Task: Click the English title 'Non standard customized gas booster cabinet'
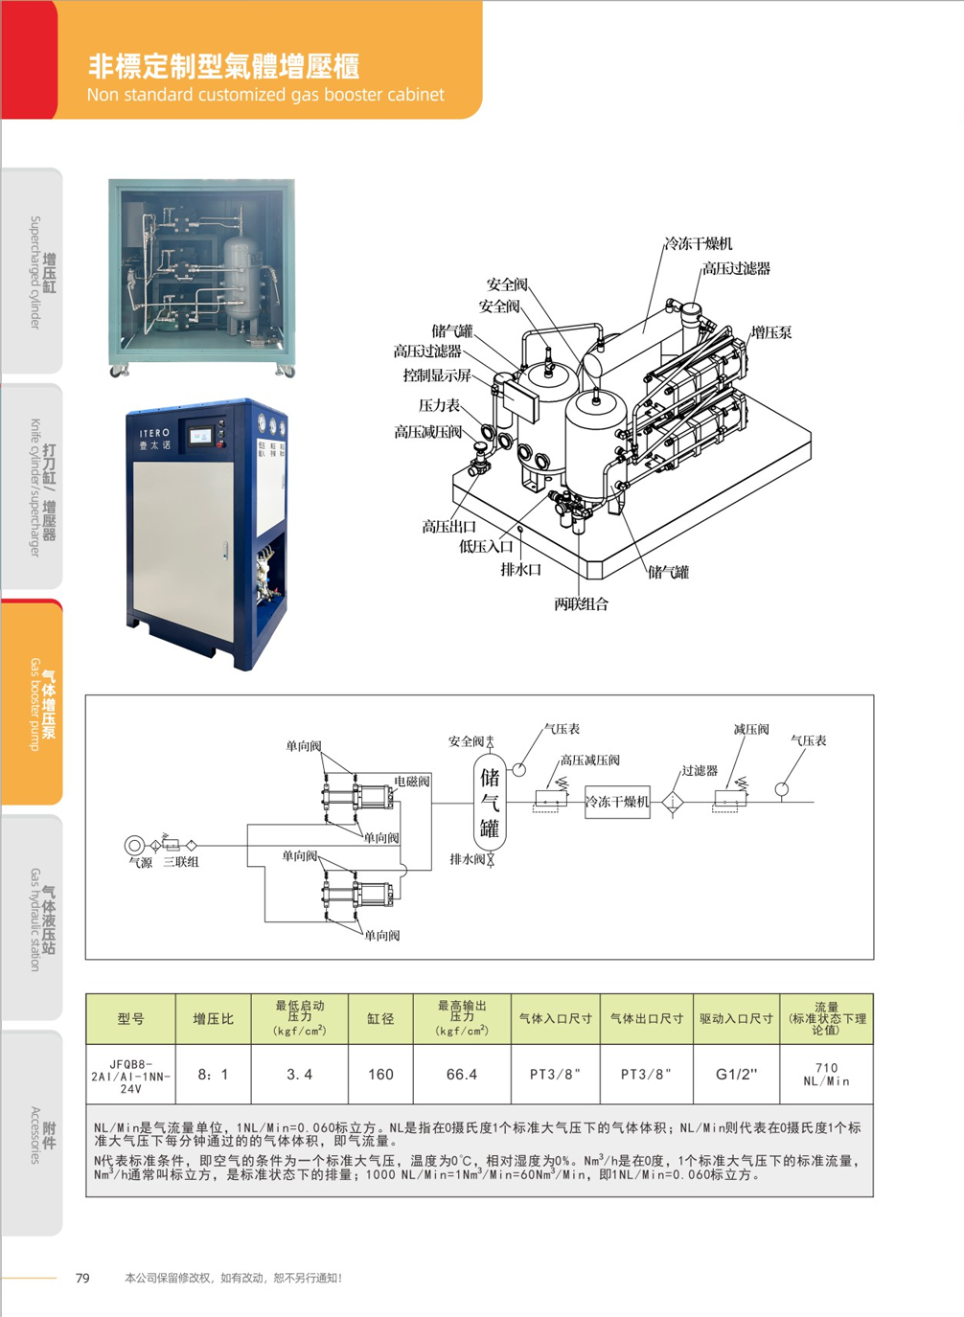265,95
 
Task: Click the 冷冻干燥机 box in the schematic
617,802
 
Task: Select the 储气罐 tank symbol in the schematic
490,802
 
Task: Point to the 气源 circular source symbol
135,845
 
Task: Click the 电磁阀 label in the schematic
412,782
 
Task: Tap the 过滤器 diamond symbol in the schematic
673,802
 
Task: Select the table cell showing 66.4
461,1075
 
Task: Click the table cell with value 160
380,1075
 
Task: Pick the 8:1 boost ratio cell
213,1075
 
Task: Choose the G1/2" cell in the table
736,1075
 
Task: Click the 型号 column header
130,1019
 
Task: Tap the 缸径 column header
380,1019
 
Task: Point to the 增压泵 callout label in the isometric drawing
770,333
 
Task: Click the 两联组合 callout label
581,604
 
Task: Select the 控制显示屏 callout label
437,375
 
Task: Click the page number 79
82,1278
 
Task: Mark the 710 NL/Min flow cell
826,1075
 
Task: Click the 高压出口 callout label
448,527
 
